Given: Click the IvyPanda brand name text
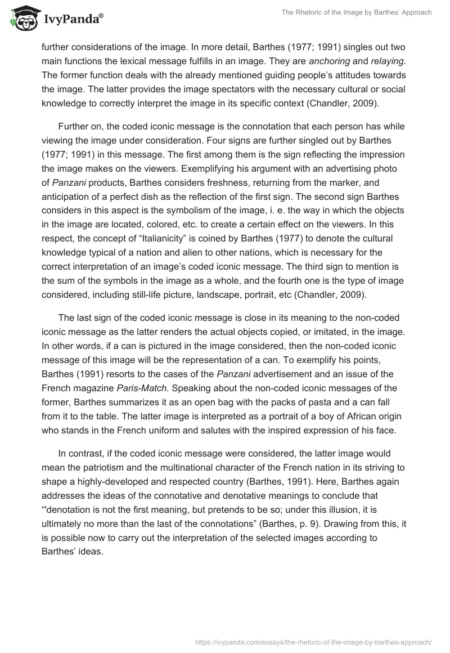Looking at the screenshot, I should [x=73, y=19].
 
